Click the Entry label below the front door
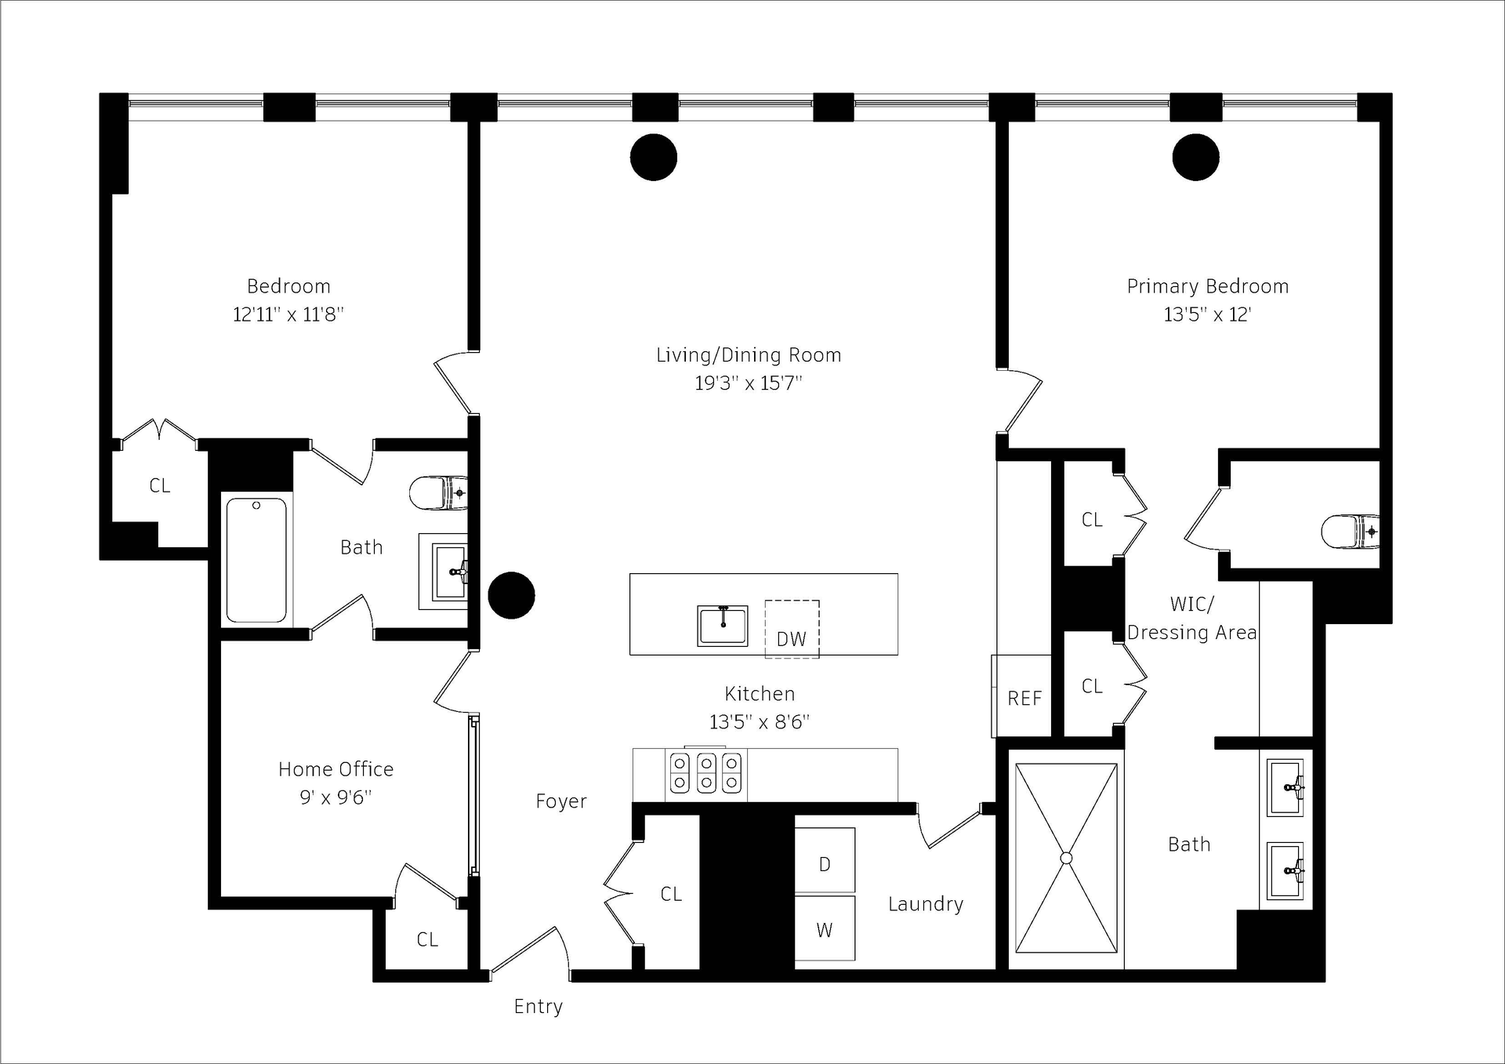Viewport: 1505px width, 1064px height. [x=538, y=1007]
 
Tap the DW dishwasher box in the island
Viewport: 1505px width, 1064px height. [x=792, y=629]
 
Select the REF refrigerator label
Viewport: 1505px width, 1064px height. [x=1024, y=699]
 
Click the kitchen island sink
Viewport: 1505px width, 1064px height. [x=723, y=626]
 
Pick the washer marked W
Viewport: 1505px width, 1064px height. [x=825, y=928]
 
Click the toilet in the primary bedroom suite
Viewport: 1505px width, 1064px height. [x=1350, y=532]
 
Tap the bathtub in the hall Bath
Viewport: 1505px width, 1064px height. [x=256, y=561]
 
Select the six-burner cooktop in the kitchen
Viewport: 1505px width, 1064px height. [x=705, y=772]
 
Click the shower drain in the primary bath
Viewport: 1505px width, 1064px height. [x=1066, y=859]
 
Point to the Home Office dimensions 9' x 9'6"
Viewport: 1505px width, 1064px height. [x=335, y=797]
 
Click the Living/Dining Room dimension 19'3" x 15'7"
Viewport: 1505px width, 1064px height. [x=749, y=383]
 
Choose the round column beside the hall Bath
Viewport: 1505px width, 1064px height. [x=511, y=595]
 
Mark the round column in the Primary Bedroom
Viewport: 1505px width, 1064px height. [x=1195, y=157]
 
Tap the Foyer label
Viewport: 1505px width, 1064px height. [x=561, y=801]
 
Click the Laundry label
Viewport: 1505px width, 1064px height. [x=926, y=904]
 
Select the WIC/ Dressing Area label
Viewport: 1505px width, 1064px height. [x=1192, y=619]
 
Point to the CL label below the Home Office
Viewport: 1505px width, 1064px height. [x=427, y=939]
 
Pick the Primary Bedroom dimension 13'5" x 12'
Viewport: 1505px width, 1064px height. [x=1207, y=314]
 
